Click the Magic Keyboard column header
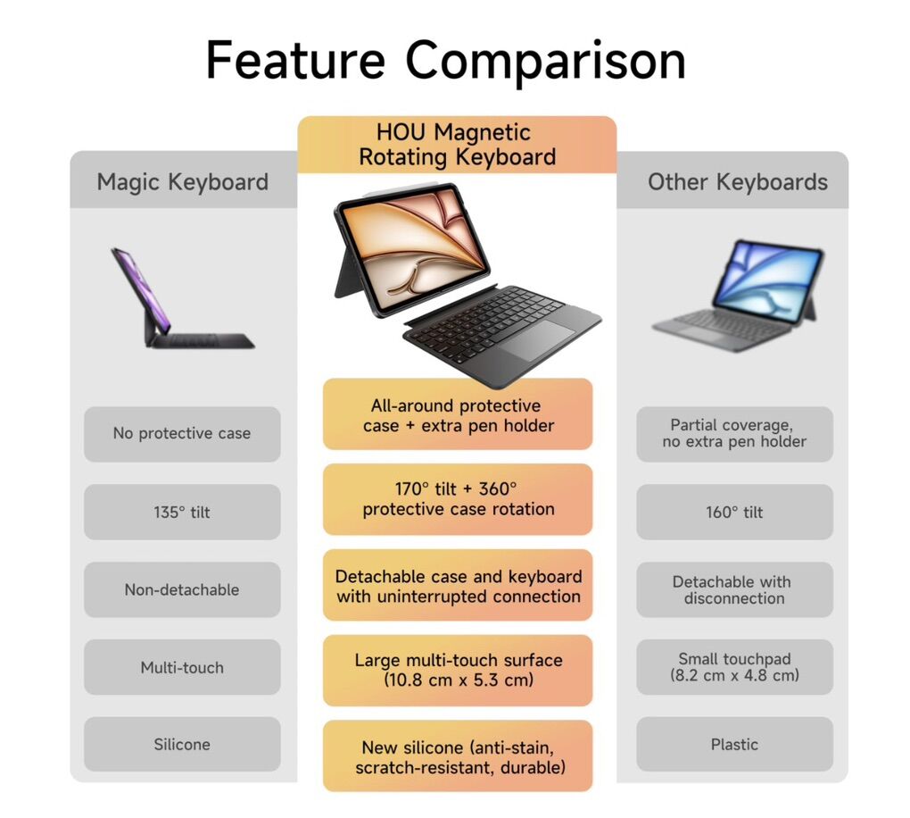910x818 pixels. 183,182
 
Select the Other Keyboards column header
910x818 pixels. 738,182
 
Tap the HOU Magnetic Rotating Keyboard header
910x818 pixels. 457,145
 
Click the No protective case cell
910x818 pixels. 182,433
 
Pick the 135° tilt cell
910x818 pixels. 182,512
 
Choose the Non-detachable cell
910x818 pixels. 182,589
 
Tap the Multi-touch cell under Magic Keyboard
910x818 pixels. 182,668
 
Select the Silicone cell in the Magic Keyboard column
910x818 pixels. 182,744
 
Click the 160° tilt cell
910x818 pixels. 735,512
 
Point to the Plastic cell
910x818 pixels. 735,744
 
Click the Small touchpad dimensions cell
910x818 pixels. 735,668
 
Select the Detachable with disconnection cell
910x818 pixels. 735,589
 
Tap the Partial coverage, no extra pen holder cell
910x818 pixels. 735,433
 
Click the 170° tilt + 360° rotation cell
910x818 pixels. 458,499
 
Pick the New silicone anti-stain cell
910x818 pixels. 458,756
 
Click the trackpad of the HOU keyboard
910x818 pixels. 537,340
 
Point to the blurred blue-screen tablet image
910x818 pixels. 738,295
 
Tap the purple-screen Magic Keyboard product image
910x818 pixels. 182,298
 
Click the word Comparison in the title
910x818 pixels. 545,61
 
